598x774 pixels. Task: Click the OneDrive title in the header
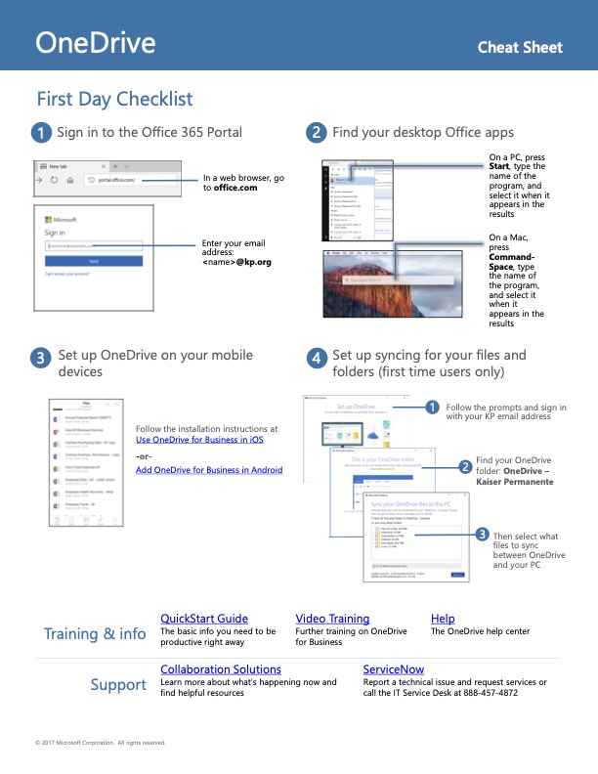(96, 43)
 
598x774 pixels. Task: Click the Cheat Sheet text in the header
(520, 47)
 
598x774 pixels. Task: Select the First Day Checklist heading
(114, 99)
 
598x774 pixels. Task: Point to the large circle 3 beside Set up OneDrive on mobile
(41, 358)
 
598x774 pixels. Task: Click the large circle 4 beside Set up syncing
(317, 358)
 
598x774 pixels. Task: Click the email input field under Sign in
(94, 246)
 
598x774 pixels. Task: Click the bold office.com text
(236, 188)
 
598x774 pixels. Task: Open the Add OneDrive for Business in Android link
(209, 470)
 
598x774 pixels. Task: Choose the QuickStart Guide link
(204, 619)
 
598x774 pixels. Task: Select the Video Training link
(332, 619)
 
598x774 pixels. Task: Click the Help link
(443, 619)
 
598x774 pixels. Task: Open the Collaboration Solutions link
(221, 669)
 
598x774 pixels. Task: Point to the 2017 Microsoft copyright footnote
(100, 743)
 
